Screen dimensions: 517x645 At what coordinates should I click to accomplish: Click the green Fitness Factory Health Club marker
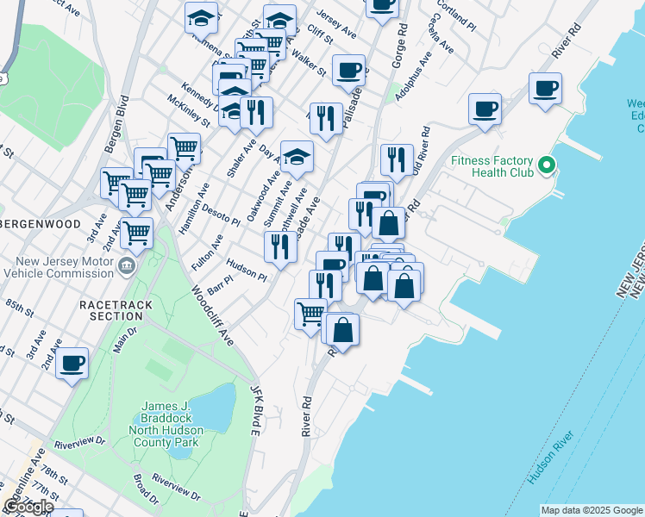pyautogui.click(x=545, y=164)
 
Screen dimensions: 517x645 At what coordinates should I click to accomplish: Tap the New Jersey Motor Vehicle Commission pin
pyautogui.click(x=128, y=265)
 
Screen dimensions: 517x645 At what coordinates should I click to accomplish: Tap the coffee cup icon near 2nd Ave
pyautogui.click(x=72, y=362)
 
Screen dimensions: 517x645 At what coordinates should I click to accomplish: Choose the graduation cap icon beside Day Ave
pyautogui.click(x=297, y=156)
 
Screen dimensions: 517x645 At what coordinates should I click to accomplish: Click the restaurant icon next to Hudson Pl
pyautogui.click(x=280, y=246)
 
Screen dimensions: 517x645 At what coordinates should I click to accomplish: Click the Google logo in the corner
pyautogui.click(x=28, y=506)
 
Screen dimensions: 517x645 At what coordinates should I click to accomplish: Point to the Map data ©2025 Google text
pyautogui.click(x=592, y=510)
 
